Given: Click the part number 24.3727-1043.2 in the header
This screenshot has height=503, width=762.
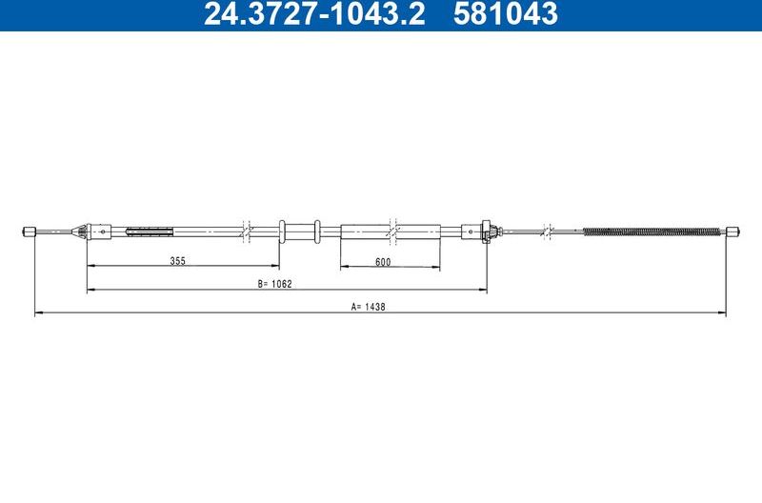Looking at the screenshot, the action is click(x=314, y=13).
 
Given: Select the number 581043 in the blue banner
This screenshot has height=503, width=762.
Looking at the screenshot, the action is click(x=506, y=13).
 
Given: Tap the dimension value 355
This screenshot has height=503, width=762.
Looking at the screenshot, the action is click(x=178, y=261).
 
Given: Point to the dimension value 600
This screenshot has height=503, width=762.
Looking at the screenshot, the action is click(x=383, y=262).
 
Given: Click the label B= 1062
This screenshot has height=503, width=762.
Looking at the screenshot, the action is click(x=274, y=284).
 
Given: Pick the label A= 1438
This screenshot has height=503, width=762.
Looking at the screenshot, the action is click(x=368, y=307).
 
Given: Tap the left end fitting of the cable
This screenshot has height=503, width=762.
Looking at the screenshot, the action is click(x=30, y=231).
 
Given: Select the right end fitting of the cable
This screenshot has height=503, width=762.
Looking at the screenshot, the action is click(x=732, y=231).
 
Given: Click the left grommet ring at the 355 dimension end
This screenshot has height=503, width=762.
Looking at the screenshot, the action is click(x=281, y=231).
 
